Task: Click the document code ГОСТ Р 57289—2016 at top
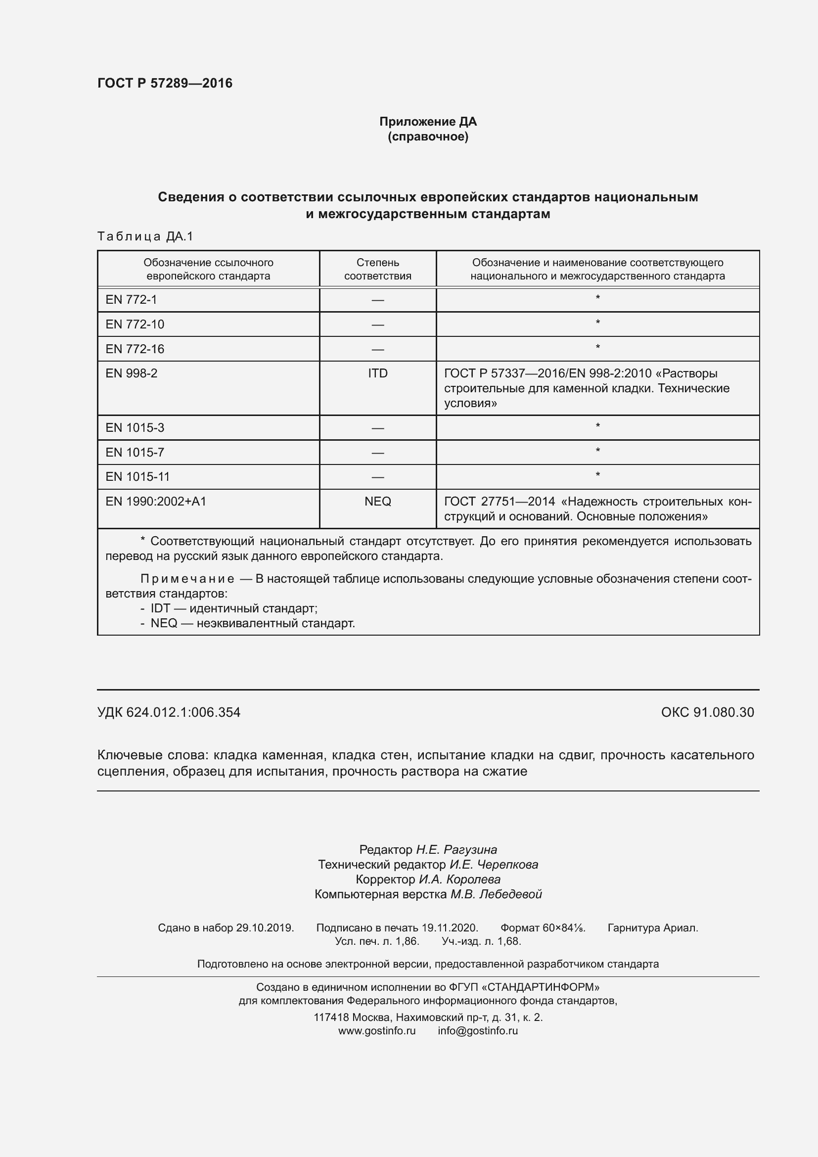165,83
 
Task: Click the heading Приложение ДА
428,122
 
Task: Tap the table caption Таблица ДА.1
145,236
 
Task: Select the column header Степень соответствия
377,269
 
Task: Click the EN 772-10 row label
135,324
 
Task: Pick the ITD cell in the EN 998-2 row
377,373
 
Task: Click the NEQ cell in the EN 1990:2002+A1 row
377,502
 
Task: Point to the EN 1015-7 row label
135,453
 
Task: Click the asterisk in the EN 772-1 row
597,298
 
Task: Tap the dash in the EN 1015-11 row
377,477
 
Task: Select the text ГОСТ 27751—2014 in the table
499,502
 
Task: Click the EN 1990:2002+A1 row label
156,502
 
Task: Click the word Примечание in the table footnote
187,579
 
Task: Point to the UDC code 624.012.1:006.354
183,712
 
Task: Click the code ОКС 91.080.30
707,712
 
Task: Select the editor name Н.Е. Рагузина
456,850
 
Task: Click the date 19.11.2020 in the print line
449,927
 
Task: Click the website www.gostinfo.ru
377,1030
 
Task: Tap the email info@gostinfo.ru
478,1030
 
